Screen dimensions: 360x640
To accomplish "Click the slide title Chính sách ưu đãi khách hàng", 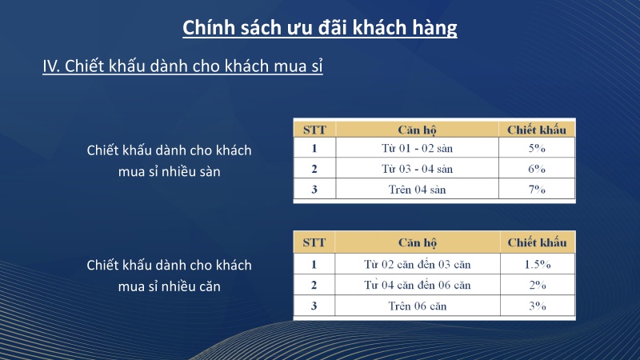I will (x=320, y=28).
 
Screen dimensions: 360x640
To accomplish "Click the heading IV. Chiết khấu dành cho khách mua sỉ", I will (x=182, y=66).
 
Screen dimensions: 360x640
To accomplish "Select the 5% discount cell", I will (x=536, y=148).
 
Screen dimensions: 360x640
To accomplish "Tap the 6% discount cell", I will (x=536, y=169).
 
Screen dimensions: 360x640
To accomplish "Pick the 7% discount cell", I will (x=536, y=190).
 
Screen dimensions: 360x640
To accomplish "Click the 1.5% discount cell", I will (x=536, y=264).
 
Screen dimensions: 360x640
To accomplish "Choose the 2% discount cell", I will (x=536, y=285).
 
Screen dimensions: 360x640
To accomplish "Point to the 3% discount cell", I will (x=536, y=306).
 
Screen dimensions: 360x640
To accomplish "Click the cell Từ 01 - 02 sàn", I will (x=417, y=148).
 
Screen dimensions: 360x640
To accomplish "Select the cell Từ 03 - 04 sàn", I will (x=417, y=169).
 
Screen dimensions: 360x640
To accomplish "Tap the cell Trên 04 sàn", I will (x=417, y=190).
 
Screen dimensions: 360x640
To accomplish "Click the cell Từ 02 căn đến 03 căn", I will (x=417, y=264).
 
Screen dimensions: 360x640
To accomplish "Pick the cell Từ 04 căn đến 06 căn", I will (x=417, y=285).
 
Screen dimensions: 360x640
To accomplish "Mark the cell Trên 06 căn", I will (x=417, y=306).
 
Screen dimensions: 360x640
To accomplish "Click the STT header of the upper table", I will (x=314, y=129).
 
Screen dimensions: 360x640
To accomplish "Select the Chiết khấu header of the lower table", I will (x=536, y=242).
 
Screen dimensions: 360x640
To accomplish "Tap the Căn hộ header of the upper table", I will (x=417, y=129).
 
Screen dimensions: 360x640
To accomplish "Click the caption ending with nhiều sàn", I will (x=169, y=161).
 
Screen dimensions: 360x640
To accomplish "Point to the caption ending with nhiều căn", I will (x=169, y=275).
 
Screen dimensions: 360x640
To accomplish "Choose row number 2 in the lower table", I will (x=314, y=285).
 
